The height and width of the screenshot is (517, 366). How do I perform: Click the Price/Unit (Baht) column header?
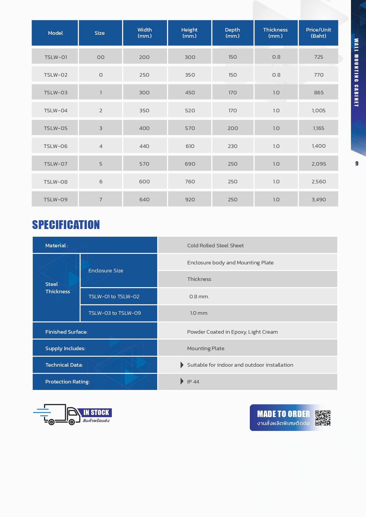click(318, 33)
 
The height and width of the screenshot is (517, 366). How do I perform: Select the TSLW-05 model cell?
click(56, 128)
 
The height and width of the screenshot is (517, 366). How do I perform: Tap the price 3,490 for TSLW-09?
click(319, 200)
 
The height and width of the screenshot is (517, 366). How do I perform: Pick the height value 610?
click(190, 146)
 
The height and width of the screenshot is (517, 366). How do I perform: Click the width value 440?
click(144, 146)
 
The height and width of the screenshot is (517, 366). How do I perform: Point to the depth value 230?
click(233, 146)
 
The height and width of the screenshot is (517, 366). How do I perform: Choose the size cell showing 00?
click(101, 57)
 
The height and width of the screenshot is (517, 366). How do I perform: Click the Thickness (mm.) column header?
click(275, 33)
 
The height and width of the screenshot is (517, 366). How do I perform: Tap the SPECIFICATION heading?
click(66, 225)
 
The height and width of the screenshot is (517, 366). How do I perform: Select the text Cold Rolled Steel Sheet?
click(215, 246)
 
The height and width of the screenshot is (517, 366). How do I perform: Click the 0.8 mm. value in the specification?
click(199, 297)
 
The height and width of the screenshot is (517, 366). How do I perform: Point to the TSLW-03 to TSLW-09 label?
click(115, 313)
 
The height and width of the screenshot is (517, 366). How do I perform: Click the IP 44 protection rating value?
click(193, 382)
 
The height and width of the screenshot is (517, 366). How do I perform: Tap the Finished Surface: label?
click(66, 332)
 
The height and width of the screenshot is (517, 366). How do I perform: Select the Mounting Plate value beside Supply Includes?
click(206, 348)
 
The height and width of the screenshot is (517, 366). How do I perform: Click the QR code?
click(323, 418)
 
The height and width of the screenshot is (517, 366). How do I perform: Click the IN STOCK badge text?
click(96, 412)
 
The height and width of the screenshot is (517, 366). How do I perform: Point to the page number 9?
click(357, 164)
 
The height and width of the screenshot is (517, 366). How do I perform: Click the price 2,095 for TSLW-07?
click(319, 164)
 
